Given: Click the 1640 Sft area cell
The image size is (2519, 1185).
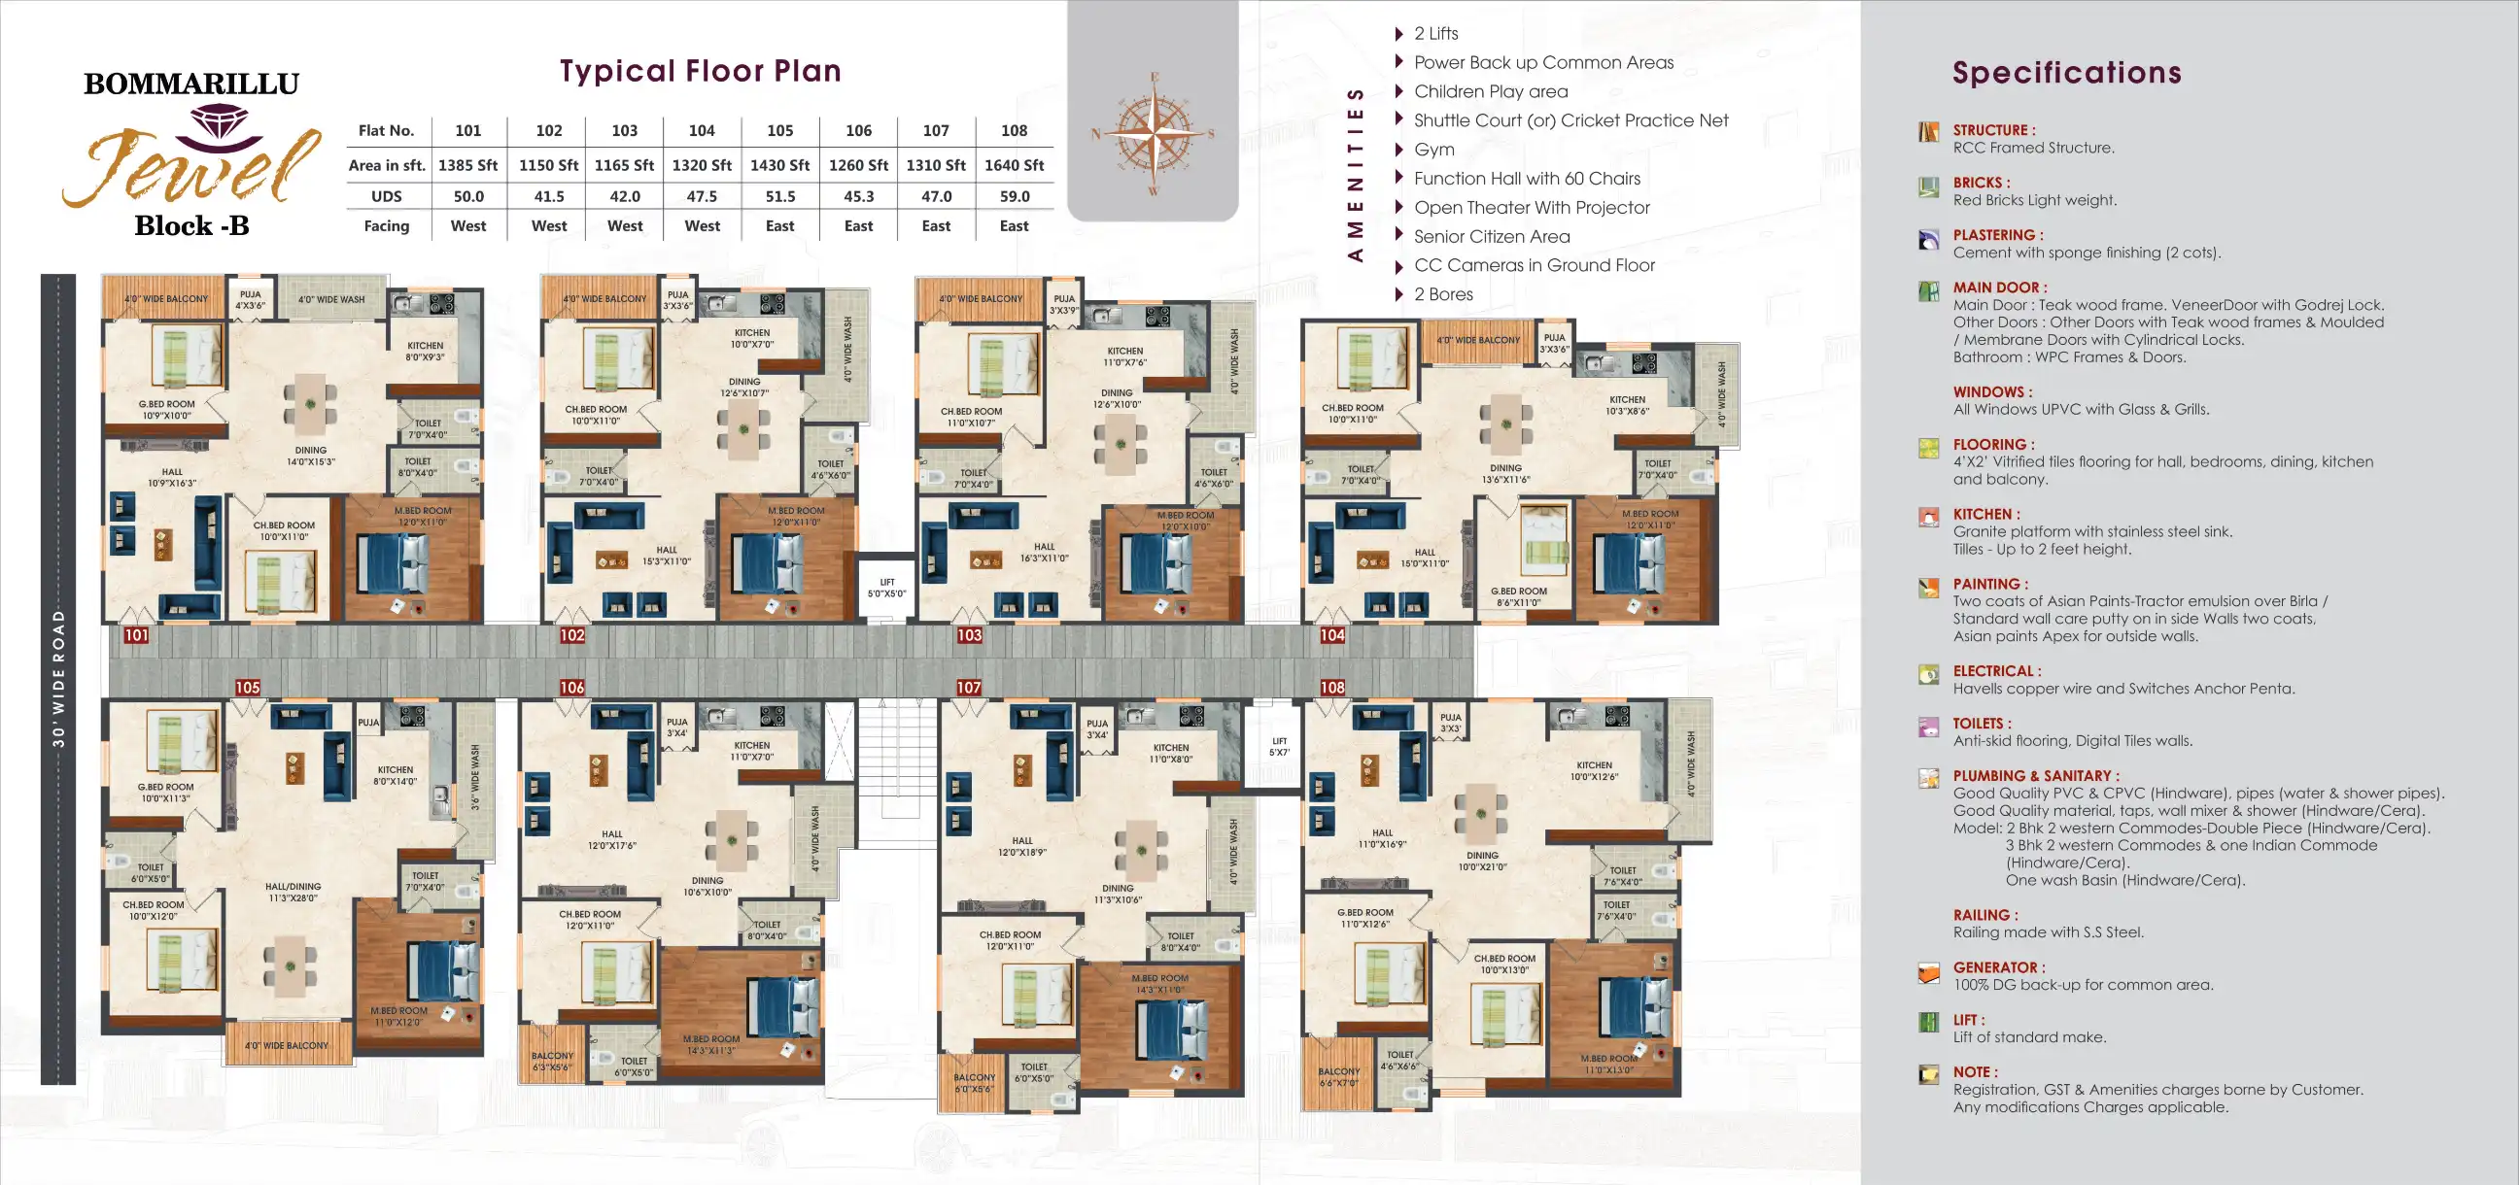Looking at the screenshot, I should (1013, 165).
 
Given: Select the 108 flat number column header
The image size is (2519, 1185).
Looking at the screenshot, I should (1013, 130).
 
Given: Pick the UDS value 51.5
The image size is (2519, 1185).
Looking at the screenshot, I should (779, 196).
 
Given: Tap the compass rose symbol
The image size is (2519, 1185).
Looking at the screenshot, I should (1154, 133).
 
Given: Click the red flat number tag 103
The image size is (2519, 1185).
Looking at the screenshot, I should (968, 635).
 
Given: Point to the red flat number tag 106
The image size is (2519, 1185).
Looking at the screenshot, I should (572, 688).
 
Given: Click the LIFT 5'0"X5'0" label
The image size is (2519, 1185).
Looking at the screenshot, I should (887, 588).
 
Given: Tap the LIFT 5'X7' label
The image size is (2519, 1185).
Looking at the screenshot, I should (1279, 747).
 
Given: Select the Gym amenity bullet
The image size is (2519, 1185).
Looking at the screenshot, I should (1433, 150).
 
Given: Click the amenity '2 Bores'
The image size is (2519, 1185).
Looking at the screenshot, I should (1442, 294).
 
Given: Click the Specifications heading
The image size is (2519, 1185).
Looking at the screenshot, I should (2066, 72).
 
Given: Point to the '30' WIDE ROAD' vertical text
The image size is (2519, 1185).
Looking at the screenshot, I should (58, 679).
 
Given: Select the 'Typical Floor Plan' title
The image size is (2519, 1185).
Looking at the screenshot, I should (700, 70).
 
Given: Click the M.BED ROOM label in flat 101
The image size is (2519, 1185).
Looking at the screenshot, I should (423, 515).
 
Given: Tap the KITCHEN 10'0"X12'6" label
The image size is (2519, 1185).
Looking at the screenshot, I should (1594, 770).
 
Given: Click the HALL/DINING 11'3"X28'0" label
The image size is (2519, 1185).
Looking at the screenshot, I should (293, 892).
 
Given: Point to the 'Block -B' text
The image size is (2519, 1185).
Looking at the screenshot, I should (191, 226).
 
